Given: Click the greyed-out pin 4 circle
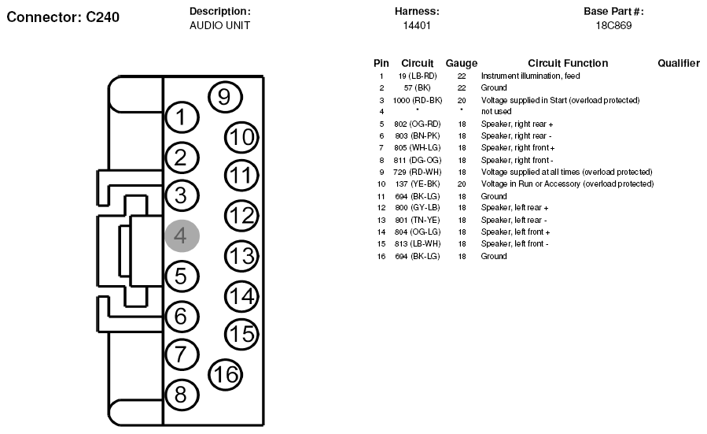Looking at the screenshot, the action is (182, 236).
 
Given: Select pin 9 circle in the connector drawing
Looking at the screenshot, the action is (225, 97).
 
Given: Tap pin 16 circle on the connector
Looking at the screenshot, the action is (225, 374).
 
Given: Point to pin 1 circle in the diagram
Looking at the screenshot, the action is (182, 117).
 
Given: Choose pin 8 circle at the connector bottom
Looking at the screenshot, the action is (182, 395).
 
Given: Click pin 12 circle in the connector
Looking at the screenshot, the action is (241, 215).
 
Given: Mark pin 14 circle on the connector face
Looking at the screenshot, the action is (241, 296).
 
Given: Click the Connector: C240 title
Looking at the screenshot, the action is (63, 17).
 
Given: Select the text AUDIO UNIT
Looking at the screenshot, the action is (219, 25).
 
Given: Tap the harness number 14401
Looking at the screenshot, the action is (417, 25).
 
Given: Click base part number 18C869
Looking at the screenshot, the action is (613, 25).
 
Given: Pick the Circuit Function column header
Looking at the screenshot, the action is (568, 63).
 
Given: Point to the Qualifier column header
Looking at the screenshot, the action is (679, 63).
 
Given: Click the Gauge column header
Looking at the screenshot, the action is (462, 63).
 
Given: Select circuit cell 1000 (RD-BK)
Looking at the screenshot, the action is (418, 100).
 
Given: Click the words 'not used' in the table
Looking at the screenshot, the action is (496, 112).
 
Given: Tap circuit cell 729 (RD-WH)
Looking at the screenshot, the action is (418, 172).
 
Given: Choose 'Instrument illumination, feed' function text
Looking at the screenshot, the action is (530, 76).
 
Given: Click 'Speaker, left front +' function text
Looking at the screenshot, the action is (515, 232).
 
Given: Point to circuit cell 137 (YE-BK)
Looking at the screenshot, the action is (418, 184).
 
